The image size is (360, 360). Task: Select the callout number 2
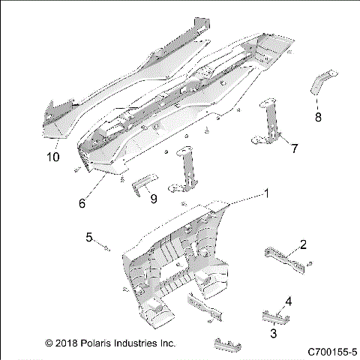pyautogui.click(x=303, y=244)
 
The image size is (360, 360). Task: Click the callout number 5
pyautogui.click(x=88, y=238)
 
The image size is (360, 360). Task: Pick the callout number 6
pyautogui.click(x=82, y=202)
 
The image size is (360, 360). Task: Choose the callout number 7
pyautogui.click(x=294, y=148)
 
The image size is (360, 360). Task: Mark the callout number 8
pyautogui.click(x=318, y=117)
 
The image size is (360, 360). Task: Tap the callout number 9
pyautogui.click(x=152, y=199)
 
